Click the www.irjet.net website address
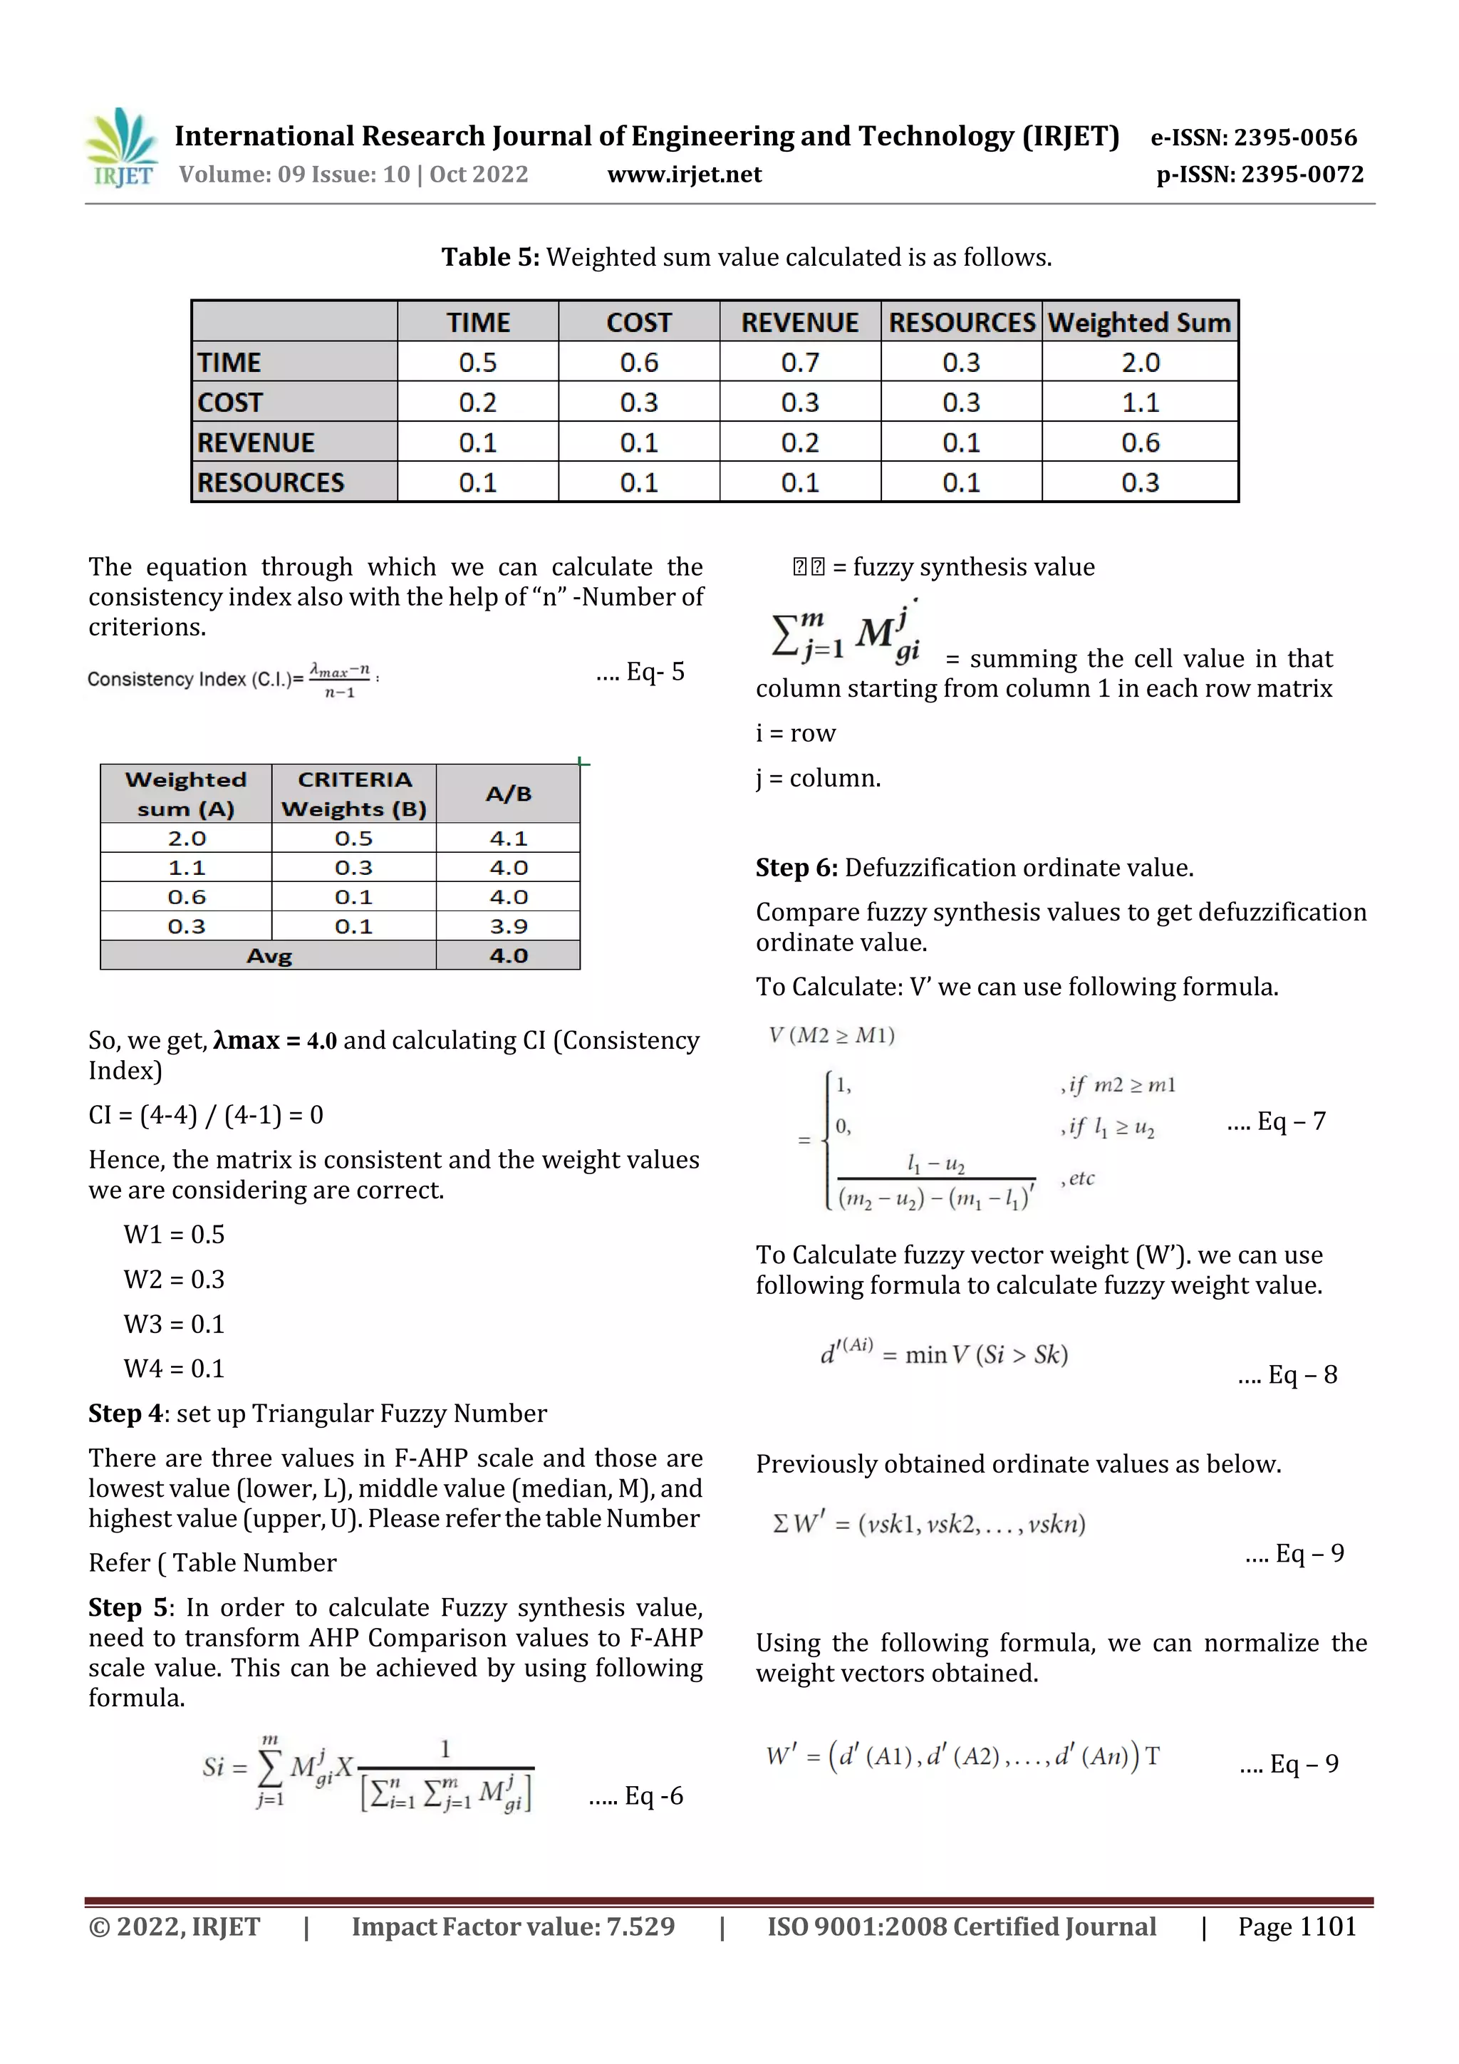(x=684, y=175)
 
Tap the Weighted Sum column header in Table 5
(x=1139, y=323)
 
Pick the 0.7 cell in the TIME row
(x=799, y=362)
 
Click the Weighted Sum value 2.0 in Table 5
(x=1140, y=362)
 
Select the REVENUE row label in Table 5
(x=256, y=442)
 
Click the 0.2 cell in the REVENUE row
(x=799, y=442)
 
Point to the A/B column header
(x=509, y=794)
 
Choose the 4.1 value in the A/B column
(x=509, y=838)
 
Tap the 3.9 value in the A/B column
(x=509, y=926)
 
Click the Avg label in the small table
(x=269, y=955)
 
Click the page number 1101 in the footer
(x=1327, y=1926)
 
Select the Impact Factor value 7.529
(x=640, y=1926)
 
